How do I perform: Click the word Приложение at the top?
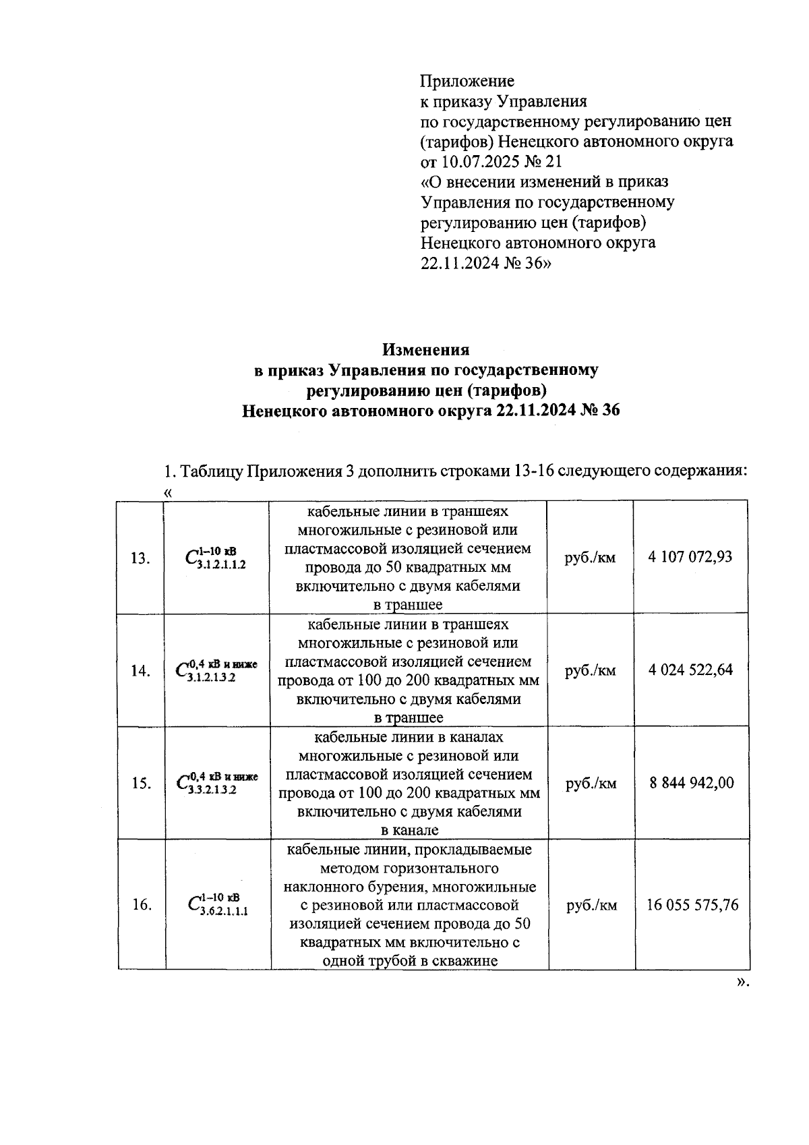(467, 82)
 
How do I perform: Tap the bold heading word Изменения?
(425, 350)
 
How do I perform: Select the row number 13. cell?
(140, 558)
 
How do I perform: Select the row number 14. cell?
(140, 672)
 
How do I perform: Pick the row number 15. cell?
(140, 784)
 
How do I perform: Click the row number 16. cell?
(141, 905)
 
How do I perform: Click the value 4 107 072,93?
(690, 558)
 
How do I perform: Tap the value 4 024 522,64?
(690, 670)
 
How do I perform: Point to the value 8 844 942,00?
(691, 784)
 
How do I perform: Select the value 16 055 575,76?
(692, 905)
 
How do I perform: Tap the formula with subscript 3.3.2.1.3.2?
(216, 784)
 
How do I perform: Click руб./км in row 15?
(591, 784)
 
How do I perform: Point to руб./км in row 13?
(590, 558)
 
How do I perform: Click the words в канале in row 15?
(409, 831)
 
